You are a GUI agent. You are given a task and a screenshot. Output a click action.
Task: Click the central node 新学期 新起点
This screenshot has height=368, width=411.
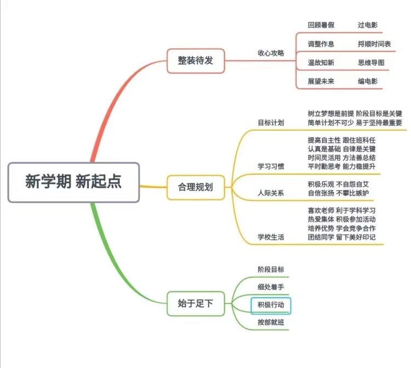point(73,181)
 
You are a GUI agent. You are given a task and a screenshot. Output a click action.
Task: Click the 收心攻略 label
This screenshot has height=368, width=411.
point(271,53)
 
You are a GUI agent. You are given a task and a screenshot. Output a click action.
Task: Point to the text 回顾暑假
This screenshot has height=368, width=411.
point(321,25)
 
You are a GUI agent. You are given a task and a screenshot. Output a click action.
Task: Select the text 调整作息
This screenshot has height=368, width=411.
point(321,44)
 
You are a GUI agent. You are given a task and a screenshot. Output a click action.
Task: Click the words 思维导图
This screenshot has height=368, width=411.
point(371,62)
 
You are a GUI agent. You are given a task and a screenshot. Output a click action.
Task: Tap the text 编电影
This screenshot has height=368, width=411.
point(367,81)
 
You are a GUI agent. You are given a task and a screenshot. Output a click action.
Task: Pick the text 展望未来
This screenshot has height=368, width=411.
point(321,81)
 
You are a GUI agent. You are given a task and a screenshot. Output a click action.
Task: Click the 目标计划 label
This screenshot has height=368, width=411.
point(271,122)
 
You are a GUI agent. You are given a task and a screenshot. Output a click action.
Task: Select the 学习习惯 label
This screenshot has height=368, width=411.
point(271,166)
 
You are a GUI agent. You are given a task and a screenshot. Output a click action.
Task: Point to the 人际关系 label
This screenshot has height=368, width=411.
point(271,193)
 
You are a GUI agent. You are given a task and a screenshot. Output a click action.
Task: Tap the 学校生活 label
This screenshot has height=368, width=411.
point(271,237)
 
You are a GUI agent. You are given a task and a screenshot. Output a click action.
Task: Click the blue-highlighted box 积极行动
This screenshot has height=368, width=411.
point(271,304)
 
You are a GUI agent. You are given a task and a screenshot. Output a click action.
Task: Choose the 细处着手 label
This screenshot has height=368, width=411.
point(271,286)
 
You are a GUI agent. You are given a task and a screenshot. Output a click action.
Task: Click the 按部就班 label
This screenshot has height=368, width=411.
point(271,323)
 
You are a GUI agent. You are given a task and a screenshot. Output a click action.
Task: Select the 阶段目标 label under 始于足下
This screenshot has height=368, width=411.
point(271,269)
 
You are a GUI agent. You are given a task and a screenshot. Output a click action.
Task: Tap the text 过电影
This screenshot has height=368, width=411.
point(367,25)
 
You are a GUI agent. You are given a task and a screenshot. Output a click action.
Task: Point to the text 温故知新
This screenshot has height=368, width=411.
point(321,62)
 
